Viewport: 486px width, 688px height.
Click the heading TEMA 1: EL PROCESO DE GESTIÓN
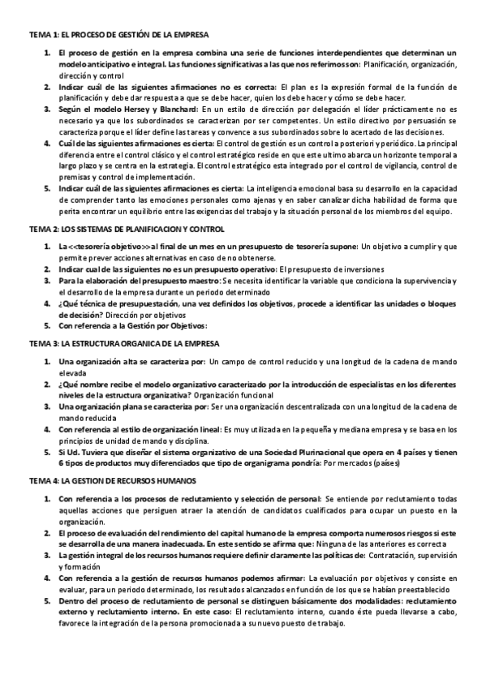tap(118, 35)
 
